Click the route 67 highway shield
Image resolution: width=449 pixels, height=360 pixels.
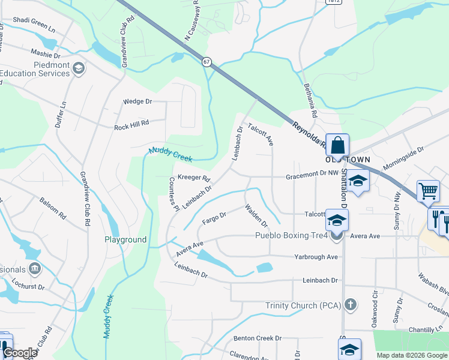tap(207, 62)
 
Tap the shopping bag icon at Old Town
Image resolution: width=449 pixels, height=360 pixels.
tap(338, 145)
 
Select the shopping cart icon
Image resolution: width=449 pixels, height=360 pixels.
tap(429, 191)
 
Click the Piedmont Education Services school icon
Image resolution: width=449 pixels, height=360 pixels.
tap(77, 69)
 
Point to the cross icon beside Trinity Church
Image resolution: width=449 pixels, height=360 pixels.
tap(352, 305)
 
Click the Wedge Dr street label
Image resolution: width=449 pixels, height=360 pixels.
tap(137, 101)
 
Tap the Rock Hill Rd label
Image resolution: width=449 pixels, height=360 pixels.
tap(131, 127)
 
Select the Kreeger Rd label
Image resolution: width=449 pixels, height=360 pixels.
tap(193, 178)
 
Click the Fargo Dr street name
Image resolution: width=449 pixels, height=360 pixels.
tap(214, 218)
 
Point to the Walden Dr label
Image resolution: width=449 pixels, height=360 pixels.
tap(256, 216)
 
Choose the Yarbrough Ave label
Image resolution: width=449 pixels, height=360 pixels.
tap(316, 257)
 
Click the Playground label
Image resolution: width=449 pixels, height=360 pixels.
tap(125, 239)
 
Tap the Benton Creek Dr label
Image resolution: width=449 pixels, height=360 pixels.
tap(258, 338)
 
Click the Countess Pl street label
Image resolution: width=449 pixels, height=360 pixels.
tap(174, 194)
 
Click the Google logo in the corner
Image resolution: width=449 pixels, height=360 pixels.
tap(20, 353)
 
